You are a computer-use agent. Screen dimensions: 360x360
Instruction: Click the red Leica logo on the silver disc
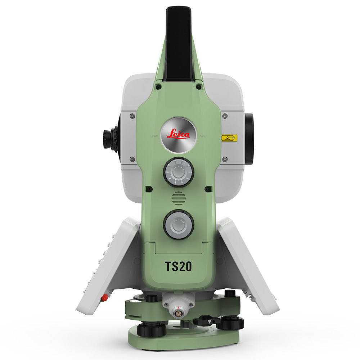pyautogui.click(x=179, y=134)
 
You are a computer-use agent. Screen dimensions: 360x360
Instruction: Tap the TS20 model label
pyautogui.click(x=179, y=266)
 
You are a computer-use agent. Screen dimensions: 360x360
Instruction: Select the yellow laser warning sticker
pyautogui.click(x=229, y=138)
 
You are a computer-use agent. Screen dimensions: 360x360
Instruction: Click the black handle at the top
pyautogui.click(x=179, y=43)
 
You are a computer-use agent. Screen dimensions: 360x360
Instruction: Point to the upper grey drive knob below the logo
pyautogui.click(x=179, y=172)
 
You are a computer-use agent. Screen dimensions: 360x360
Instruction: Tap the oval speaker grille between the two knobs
pyautogui.click(x=179, y=198)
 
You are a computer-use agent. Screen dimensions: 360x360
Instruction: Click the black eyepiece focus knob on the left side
pyautogui.click(x=109, y=139)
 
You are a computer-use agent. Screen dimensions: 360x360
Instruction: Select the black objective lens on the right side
pyautogui.click(x=249, y=139)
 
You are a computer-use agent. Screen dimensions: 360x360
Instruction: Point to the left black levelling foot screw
pyautogui.click(x=151, y=328)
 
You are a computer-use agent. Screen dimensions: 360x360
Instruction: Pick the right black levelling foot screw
pyautogui.click(x=230, y=323)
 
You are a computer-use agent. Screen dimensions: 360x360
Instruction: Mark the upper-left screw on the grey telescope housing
pyautogui.click(x=132, y=116)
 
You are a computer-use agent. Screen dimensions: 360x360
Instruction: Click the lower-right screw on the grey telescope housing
pyautogui.click(x=225, y=159)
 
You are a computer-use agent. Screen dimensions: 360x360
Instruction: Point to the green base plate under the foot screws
pyautogui.click(x=184, y=340)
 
